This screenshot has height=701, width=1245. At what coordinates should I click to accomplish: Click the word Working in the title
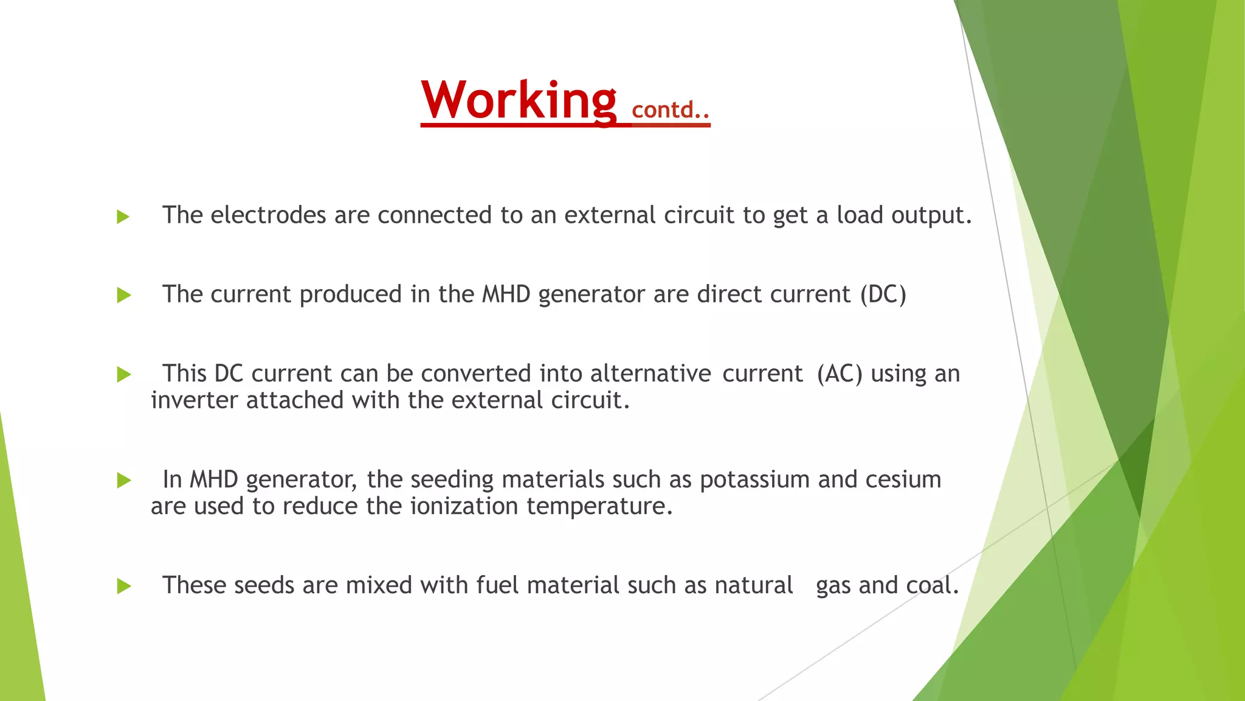coord(519,100)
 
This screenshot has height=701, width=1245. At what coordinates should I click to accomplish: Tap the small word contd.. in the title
coord(671,110)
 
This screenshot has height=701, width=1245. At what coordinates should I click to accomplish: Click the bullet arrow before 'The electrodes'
coord(123,217)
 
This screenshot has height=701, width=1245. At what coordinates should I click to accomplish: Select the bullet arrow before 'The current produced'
coord(123,296)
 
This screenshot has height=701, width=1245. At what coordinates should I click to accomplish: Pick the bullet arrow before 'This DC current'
coord(123,375)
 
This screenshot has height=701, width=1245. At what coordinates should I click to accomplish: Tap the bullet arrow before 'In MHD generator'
coord(123,481)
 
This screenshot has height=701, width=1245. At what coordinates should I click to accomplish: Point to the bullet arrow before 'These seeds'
coord(123,587)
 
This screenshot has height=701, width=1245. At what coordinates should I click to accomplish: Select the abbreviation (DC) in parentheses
coord(883,295)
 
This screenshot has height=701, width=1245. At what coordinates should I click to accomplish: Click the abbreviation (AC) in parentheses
coord(840,374)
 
